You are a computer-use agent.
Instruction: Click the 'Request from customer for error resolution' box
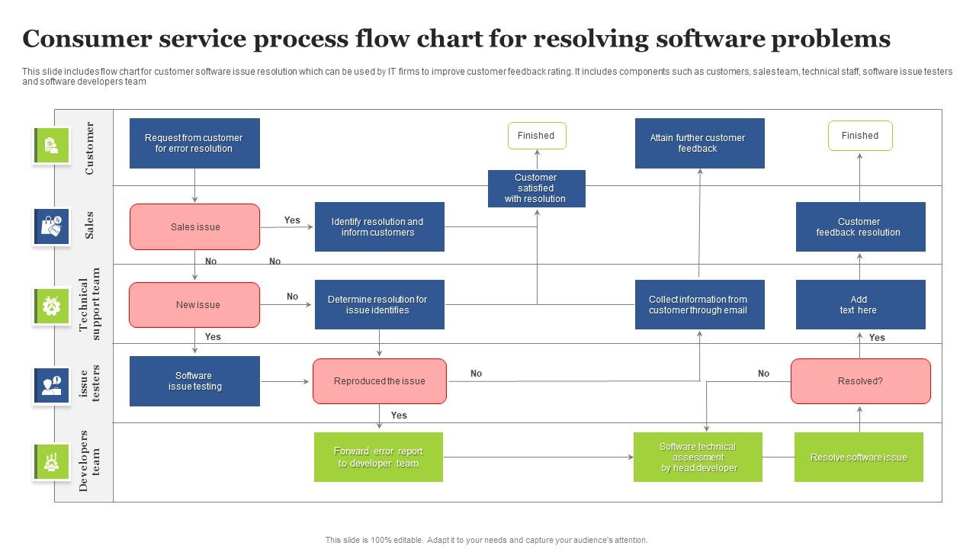[x=194, y=143]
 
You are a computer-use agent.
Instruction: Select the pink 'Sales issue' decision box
[x=194, y=226]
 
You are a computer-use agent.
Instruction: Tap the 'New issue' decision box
[x=194, y=305]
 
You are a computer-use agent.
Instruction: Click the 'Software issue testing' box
[x=194, y=381]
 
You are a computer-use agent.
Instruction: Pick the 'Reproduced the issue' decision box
[x=379, y=381]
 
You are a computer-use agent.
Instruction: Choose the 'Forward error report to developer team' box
[x=378, y=457]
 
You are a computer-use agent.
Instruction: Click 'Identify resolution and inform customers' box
[x=379, y=226]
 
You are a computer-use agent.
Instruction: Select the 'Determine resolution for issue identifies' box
[x=379, y=305]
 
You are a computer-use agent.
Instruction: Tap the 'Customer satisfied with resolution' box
[x=536, y=188]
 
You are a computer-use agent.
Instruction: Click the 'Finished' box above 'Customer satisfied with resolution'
[x=537, y=136]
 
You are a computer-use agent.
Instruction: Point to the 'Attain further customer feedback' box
[x=699, y=143]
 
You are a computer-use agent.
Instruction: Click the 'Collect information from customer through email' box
[x=699, y=305]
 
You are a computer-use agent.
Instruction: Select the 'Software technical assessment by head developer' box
[x=698, y=457]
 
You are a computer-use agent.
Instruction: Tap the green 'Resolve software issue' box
[x=859, y=457]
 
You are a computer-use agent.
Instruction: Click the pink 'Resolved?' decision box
[x=860, y=381]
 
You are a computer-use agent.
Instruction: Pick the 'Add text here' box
[x=860, y=305]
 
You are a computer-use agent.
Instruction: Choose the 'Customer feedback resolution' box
[x=860, y=226]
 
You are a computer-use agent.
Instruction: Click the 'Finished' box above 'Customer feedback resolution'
[x=860, y=136]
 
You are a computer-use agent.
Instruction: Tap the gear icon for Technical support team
[x=51, y=306]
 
